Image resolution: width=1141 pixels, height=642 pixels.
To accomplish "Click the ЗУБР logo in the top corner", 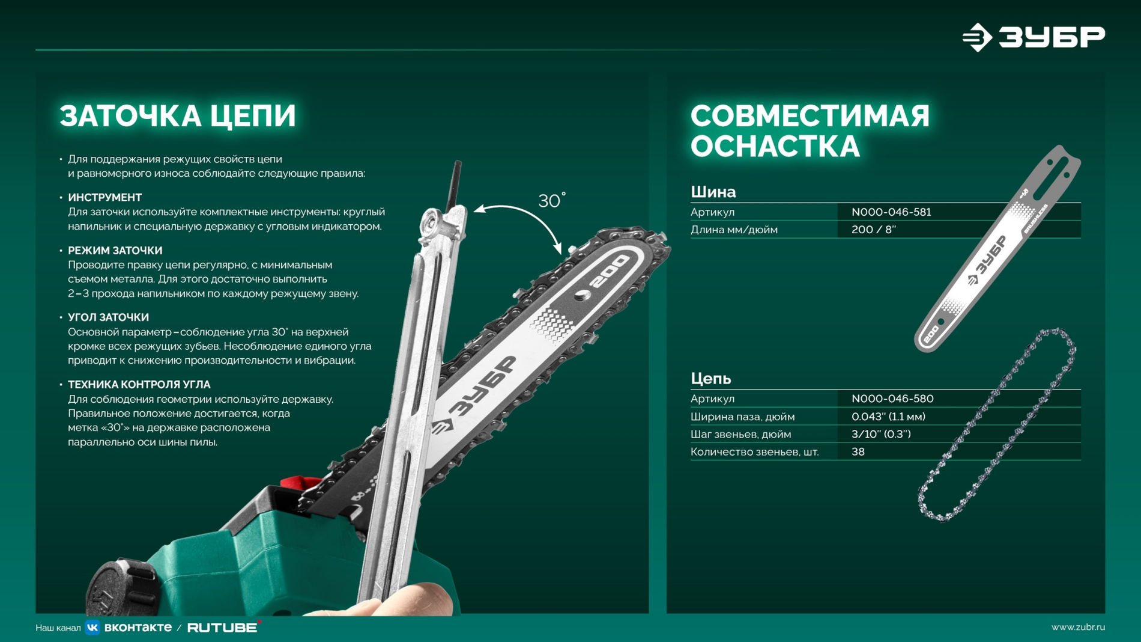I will [1033, 37].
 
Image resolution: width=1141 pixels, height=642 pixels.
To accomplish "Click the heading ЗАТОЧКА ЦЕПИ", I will [178, 116].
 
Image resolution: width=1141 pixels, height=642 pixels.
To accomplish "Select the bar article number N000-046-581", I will [891, 212].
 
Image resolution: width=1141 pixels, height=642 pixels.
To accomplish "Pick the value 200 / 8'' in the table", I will [873, 230].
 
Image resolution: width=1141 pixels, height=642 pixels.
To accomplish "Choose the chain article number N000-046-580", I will [892, 399].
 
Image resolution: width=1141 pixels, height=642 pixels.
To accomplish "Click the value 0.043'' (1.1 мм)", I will [888, 417].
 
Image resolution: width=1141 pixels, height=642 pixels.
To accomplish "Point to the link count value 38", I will [858, 451].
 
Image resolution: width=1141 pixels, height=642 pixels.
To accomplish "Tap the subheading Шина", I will [713, 192].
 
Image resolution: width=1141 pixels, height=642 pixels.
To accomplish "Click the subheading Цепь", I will [710, 378].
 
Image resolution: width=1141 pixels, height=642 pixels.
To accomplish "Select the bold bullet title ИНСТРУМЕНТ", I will [105, 197].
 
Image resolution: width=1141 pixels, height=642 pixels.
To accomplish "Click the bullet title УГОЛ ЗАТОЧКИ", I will [108, 317].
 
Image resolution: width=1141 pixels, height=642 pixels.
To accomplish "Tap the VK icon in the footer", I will [92, 628].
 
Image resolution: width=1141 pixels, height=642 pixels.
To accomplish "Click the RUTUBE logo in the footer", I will [223, 628].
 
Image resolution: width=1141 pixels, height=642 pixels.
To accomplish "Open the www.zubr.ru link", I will [1077, 627].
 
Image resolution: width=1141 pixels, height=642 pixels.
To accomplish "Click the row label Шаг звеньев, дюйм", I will [740, 434].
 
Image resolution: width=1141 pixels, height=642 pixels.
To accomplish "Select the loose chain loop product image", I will [997, 424].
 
